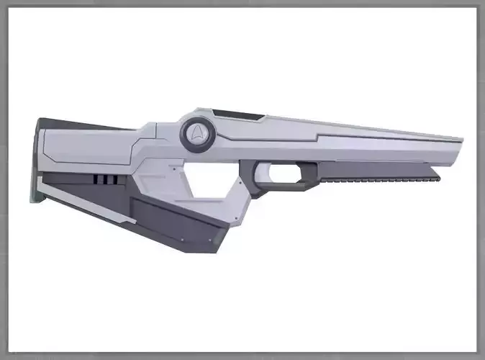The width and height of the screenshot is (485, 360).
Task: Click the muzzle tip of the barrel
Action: click(459, 148)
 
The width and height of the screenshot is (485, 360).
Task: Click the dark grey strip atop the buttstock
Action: click(79, 123)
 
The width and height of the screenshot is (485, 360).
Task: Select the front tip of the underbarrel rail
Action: click(437, 174)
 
